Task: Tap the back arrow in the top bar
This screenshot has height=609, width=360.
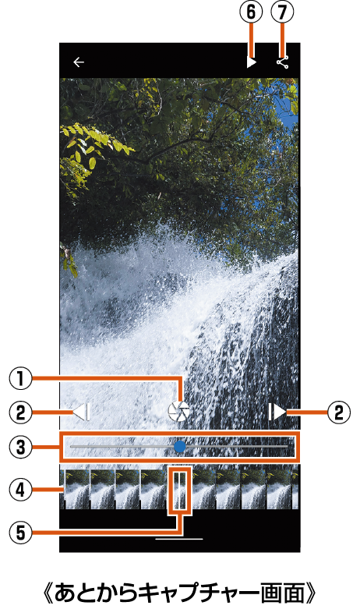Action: pos(79,62)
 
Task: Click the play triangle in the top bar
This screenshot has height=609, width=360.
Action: pos(252,62)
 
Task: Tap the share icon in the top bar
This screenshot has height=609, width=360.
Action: pos(283,62)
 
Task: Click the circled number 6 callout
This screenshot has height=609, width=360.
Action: pos(252,12)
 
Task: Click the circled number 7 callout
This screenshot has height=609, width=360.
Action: pos(282,12)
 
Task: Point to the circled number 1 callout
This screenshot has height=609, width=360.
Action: pos(20,379)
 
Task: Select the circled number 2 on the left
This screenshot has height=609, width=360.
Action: pos(20,412)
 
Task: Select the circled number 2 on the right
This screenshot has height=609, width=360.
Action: pos(339,412)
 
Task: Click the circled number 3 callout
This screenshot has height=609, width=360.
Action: pos(20,447)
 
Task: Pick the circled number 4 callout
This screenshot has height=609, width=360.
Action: pos(20,490)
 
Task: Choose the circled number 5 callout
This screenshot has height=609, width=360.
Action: pos(20,533)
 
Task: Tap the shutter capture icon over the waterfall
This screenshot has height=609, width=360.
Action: pos(179,411)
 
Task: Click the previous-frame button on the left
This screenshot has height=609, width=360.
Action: pos(82,412)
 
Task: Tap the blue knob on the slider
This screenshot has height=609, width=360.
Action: pos(180,447)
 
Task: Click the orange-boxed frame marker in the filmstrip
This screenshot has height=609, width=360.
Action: pos(180,491)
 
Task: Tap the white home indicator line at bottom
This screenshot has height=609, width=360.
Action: pos(179,539)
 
